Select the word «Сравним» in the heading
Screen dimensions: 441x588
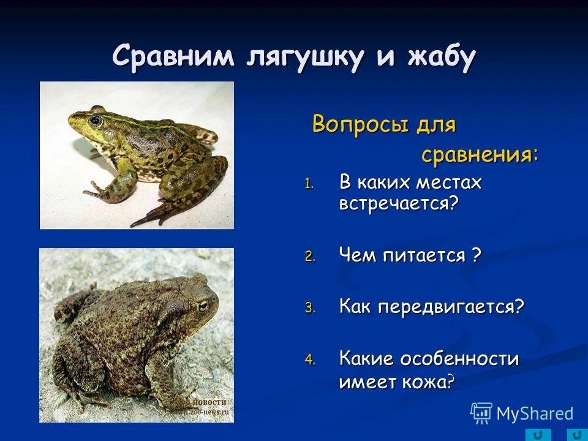click(x=173, y=58)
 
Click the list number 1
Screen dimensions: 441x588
click(x=309, y=184)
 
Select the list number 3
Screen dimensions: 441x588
click(x=310, y=309)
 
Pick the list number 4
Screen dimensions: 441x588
click(x=310, y=360)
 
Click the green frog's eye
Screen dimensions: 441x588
click(x=95, y=120)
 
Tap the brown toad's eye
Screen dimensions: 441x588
click(x=202, y=306)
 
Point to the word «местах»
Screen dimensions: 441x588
click(x=449, y=183)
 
